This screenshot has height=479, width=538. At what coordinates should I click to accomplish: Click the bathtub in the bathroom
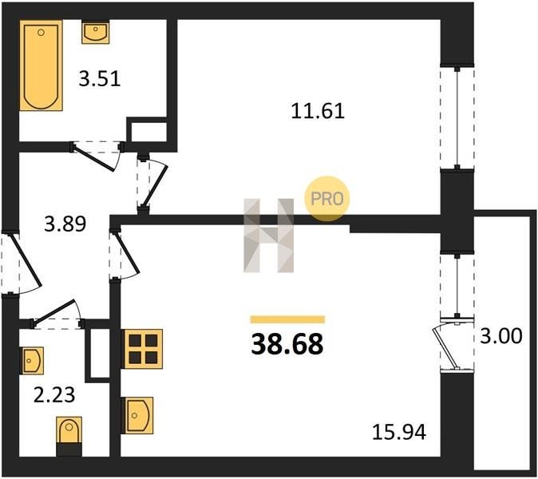[x=41, y=65]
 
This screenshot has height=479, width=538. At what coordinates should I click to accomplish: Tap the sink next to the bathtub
[x=95, y=32]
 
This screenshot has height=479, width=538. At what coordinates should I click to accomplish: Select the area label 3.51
[x=100, y=78]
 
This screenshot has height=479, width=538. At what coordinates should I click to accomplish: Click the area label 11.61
[x=318, y=111]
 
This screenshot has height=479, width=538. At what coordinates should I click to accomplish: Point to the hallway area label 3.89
[x=65, y=224]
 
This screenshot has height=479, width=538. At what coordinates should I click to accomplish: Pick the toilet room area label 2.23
[x=54, y=394]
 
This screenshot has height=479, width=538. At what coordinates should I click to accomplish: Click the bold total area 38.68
[x=287, y=345]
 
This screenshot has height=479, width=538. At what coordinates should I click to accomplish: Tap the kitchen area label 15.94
[x=399, y=432]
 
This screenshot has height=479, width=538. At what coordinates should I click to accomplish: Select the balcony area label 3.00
[x=501, y=335]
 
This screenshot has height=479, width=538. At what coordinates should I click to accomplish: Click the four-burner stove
[x=142, y=349]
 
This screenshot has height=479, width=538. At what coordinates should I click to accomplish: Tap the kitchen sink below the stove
[x=137, y=415]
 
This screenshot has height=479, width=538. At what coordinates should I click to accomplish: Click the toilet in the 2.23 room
[x=69, y=437]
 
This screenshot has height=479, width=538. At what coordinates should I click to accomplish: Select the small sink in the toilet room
[x=32, y=360]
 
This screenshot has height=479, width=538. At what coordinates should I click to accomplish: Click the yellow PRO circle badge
[x=326, y=198]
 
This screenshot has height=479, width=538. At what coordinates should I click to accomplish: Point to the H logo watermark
[x=269, y=236]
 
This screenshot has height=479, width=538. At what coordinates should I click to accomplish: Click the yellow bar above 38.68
[x=287, y=319]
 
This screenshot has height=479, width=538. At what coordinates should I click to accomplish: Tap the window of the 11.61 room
[x=457, y=117]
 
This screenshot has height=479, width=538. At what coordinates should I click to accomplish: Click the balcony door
[x=453, y=344]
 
